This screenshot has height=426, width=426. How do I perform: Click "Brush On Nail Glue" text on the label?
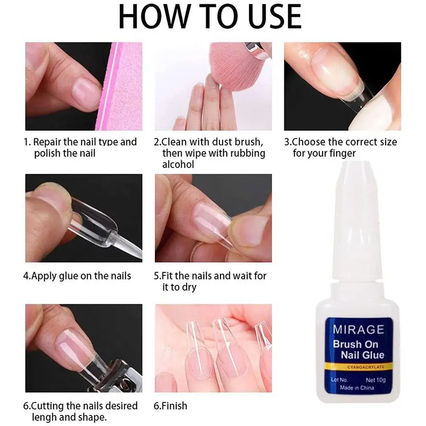[x=358, y=349]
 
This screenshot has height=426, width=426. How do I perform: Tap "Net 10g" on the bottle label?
[x=375, y=380]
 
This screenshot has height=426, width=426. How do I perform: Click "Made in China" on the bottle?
[x=357, y=388]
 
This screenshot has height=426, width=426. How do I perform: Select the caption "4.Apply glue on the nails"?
[x=77, y=276]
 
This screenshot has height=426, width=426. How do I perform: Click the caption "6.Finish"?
[x=170, y=406]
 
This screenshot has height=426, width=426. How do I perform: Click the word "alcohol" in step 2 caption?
[x=178, y=164]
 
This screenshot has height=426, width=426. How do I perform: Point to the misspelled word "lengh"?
[x=47, y=417]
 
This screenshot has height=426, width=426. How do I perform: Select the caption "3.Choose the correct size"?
[x=340, y=142]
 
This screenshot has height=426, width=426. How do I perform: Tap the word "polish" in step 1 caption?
[x=47, y=153]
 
